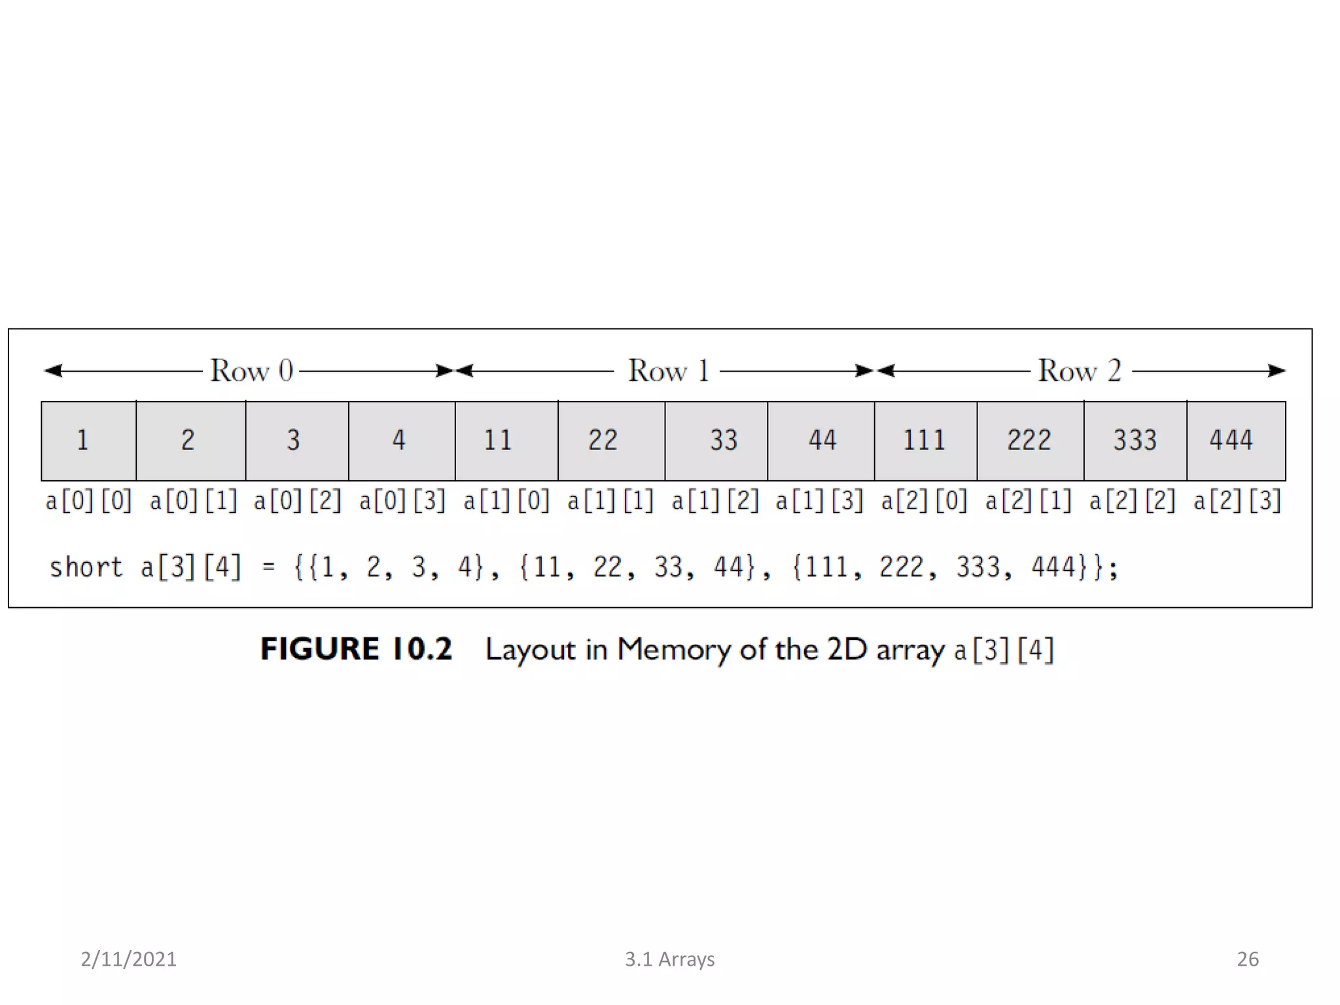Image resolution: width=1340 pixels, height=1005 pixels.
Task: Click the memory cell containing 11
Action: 506,440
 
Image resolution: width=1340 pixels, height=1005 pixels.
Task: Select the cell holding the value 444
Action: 1236,440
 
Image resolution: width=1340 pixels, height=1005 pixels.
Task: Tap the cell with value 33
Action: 716,440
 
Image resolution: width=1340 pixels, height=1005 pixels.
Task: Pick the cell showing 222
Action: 1030,440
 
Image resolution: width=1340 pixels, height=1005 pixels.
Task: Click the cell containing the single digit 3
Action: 297,440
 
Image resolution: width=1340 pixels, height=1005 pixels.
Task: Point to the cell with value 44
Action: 820,440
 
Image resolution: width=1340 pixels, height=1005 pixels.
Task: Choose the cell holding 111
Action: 925,440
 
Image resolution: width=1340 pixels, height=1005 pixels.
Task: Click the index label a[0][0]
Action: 89,501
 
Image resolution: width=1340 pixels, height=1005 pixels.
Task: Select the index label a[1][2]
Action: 715,501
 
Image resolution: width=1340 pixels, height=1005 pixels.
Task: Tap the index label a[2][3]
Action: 1237,501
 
